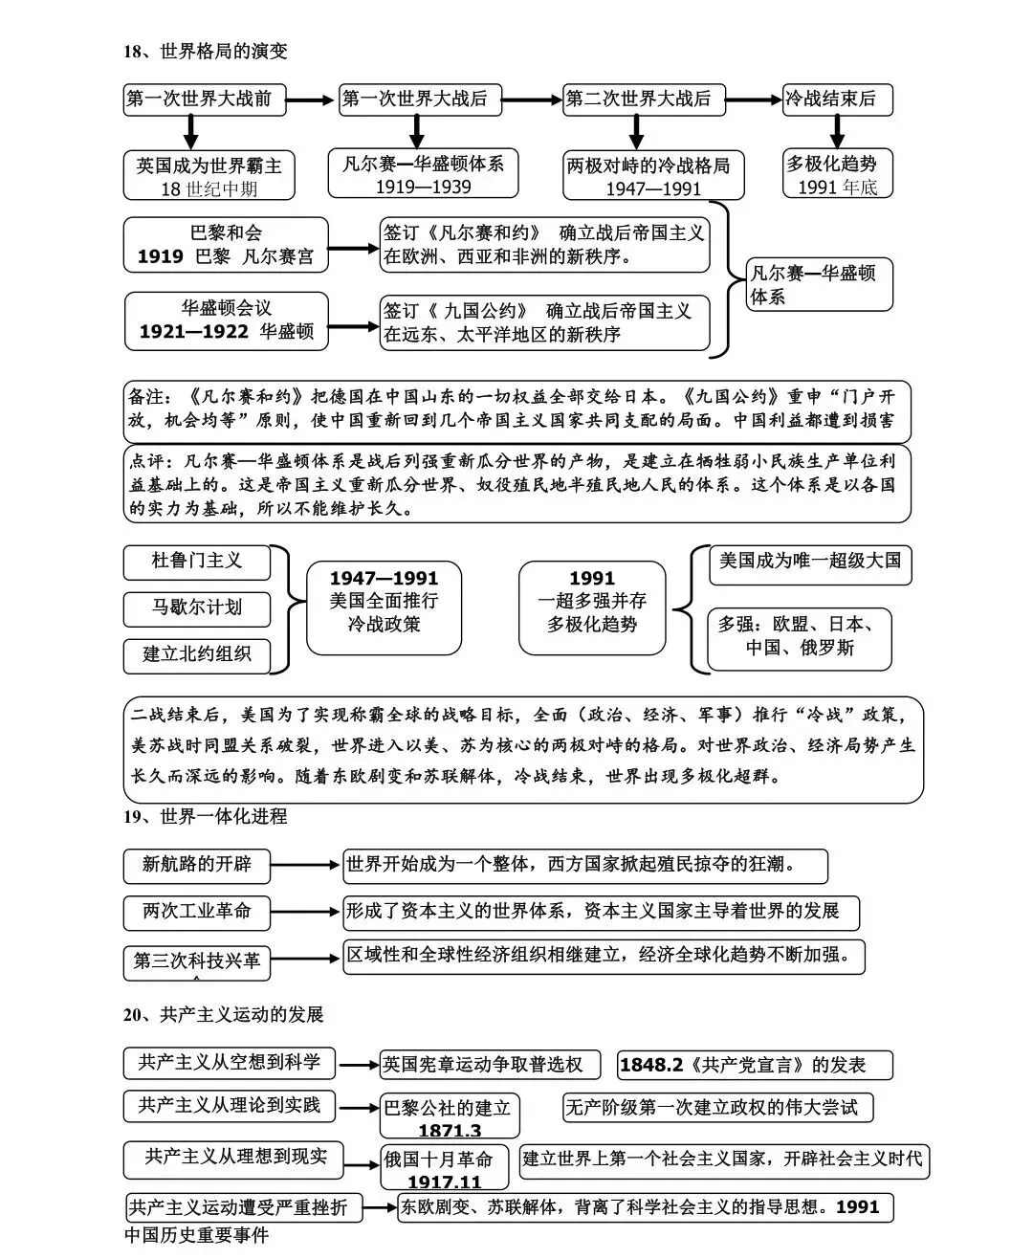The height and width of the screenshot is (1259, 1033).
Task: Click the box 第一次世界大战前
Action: (x=204, y=99)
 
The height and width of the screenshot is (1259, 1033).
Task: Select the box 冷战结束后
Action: (x=836, y=99)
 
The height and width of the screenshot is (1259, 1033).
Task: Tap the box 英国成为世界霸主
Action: (x=209, y=166)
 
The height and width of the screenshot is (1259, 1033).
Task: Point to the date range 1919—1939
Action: (x=423, y=187)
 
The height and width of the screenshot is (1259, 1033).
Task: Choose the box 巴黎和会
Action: (x=226, y=232)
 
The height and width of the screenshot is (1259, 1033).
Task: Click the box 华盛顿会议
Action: (x=227, y=308)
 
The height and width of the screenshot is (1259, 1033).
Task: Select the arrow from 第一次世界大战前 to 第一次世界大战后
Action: (x=312, y=99)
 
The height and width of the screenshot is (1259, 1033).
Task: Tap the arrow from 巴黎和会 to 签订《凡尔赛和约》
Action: (x=354, y=247)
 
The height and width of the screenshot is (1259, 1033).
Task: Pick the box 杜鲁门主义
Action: (x=197, y=561)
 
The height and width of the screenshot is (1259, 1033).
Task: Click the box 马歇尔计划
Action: (x=197, y=607)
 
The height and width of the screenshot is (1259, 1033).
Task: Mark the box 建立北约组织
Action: (x=197, y=654)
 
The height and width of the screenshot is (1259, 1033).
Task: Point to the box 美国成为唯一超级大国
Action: (x=809, y=561)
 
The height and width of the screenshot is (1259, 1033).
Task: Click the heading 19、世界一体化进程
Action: (x=205, y=816)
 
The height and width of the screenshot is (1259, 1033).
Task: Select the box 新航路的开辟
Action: (x=196, y=865)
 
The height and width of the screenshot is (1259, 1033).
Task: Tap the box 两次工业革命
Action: (x=196, y=911)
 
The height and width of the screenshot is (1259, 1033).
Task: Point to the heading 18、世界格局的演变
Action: (x=205, y=52)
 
